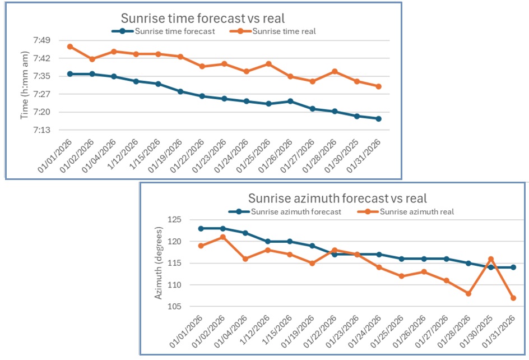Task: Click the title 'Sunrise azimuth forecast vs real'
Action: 337,198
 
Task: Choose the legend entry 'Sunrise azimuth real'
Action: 416,211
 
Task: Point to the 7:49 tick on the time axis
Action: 43,40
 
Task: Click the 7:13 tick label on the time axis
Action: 43,130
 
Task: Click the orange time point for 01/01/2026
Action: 70,47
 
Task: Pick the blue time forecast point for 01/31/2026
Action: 379,119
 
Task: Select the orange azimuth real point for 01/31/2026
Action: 513,298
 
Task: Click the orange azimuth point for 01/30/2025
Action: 491,259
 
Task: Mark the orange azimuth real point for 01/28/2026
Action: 468,293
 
